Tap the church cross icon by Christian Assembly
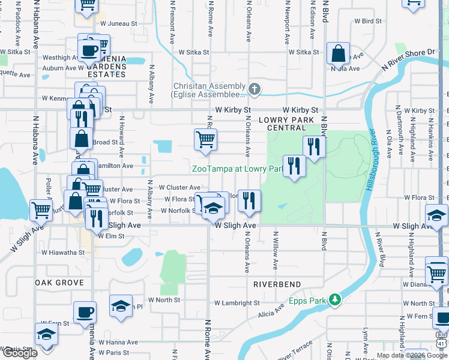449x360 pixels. coord(255,90)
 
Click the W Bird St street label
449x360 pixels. coord(367,21)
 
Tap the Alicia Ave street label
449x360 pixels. coord(271,313)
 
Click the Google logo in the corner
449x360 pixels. coord(20,353)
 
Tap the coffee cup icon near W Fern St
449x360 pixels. coord(85,312)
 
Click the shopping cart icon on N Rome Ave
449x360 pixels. coord(205,139)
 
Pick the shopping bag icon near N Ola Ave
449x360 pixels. coord(339,53)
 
